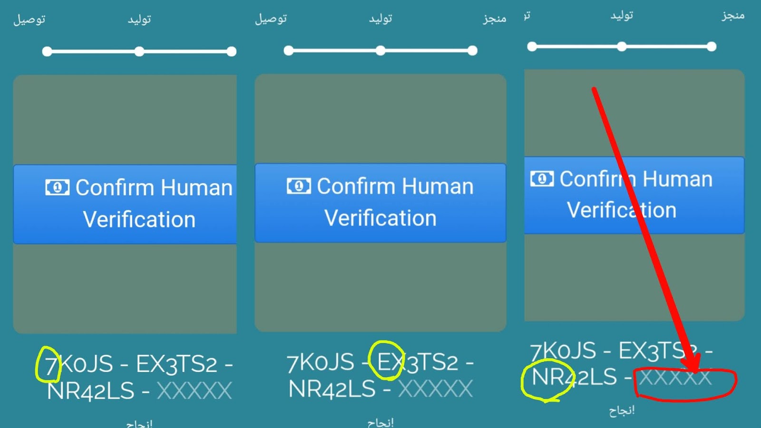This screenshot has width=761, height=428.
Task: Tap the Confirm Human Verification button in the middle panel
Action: [x=380, y=203]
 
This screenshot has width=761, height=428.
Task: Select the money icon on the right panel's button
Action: [x=542, y=179]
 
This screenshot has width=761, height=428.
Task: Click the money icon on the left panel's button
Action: [x=57, y=187]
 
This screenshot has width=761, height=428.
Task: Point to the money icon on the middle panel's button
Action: [x=299, y=185]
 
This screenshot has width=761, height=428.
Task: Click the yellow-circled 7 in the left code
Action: [x=49, y=365]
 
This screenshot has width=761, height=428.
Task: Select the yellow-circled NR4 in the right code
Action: [x=547, y=378]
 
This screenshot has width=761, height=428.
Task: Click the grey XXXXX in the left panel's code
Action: [x=194, y=391]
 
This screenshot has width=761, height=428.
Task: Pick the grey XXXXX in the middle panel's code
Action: [x=435, y=389]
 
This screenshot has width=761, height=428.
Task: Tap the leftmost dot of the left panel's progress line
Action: [x=47, y=51]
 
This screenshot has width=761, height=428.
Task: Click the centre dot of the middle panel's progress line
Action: [x=380, y=50]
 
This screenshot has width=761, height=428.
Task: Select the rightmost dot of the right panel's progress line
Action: [x=712, y=47]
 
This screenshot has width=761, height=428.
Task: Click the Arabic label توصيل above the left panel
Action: [x=29, y=19]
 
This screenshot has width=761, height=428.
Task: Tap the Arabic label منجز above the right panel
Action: [x=733, y=15]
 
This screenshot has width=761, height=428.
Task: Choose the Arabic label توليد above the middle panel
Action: [x=380, y=19]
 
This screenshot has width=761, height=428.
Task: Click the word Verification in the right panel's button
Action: [x=621, y=210]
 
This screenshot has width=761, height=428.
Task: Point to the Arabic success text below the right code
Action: [x=622, y=410]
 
